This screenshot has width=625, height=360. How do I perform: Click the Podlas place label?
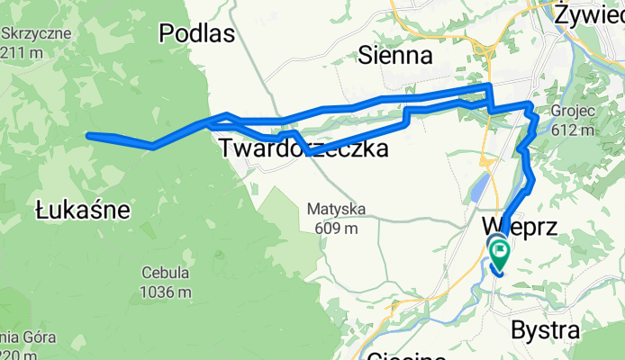196,34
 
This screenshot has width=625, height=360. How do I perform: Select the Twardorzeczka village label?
303,148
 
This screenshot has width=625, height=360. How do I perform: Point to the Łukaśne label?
83,211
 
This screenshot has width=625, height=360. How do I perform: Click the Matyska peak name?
335,210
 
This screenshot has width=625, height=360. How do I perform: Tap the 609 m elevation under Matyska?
335,228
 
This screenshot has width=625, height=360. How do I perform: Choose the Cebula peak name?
166,274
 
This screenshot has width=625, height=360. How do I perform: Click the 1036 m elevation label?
166,292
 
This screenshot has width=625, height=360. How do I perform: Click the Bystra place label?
544,329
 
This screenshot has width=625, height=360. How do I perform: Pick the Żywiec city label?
589,14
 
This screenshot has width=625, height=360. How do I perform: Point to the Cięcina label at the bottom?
405,354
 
